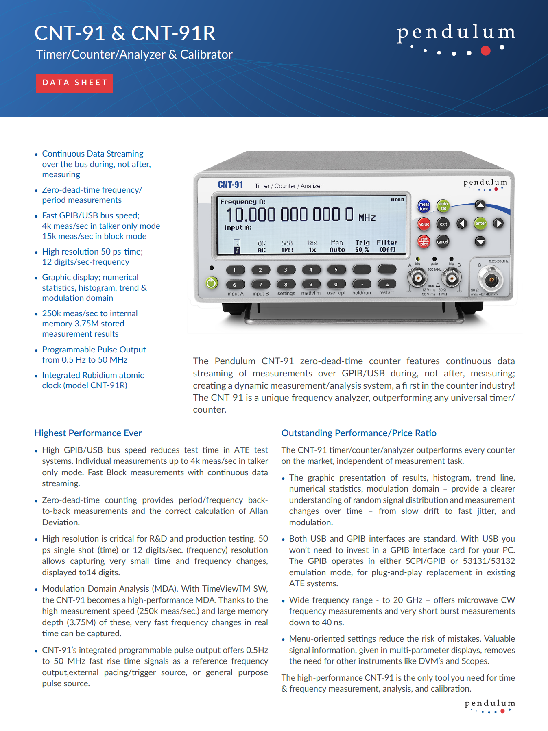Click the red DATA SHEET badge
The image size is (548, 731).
click(74, 83)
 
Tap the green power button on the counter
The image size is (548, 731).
click(212, 283)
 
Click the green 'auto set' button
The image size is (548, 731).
click(443, 206)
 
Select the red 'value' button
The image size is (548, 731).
click(424, 224)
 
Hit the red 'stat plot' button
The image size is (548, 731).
click(424, 241)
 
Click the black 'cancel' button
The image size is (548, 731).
click(443, 241)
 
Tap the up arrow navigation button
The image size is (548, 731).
click(480, 205)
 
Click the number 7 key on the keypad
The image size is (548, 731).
click(260, 285)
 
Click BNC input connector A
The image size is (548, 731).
click(417, 278)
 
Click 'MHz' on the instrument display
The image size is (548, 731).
click(367, 218)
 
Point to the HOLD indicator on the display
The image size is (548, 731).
click(397, 200)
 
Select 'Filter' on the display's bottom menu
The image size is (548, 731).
click(387, 242)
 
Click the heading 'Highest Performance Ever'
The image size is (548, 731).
click(88, 433)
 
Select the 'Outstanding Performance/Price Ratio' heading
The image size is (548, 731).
click(359, 433)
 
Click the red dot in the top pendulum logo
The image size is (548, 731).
click(485, 50)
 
